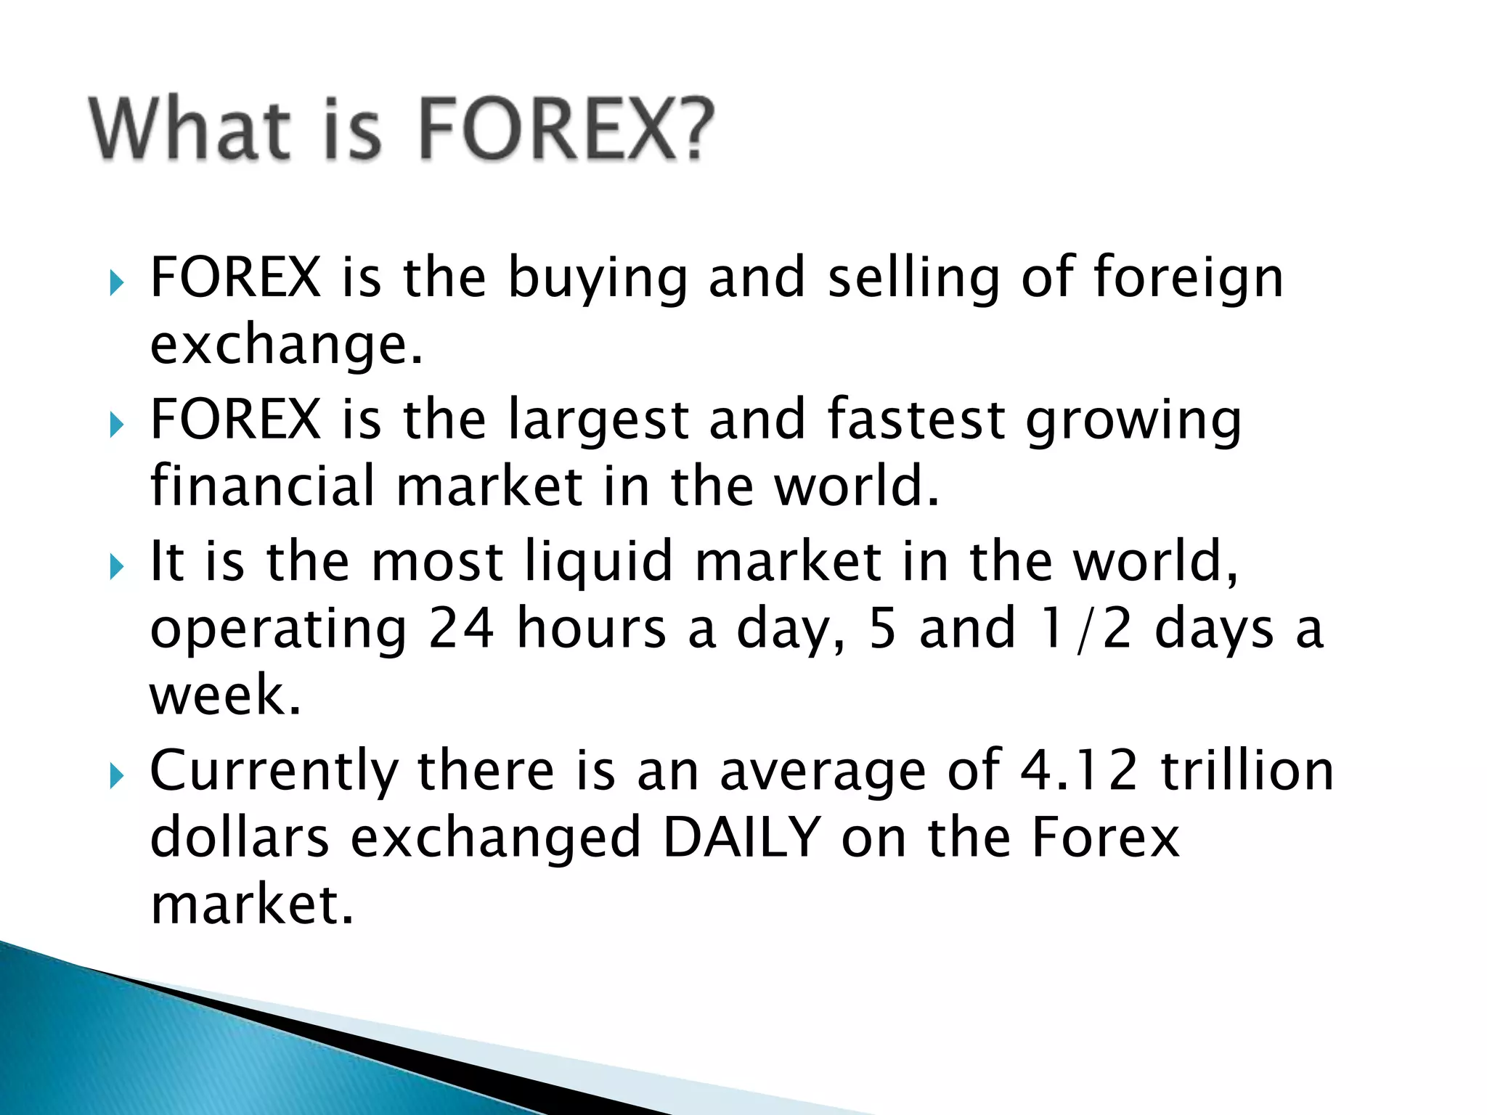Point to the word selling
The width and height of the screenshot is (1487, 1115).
click(x=913, y=279)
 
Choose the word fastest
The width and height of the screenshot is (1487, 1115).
click(x=916, y=420)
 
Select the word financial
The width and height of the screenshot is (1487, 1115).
click(x=262, y=486)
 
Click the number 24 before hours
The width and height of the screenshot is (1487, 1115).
click(x=461, y=629)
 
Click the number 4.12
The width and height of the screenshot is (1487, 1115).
click(x=1078, y=771)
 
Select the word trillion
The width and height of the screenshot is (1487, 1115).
click(x=1247, y=771)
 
